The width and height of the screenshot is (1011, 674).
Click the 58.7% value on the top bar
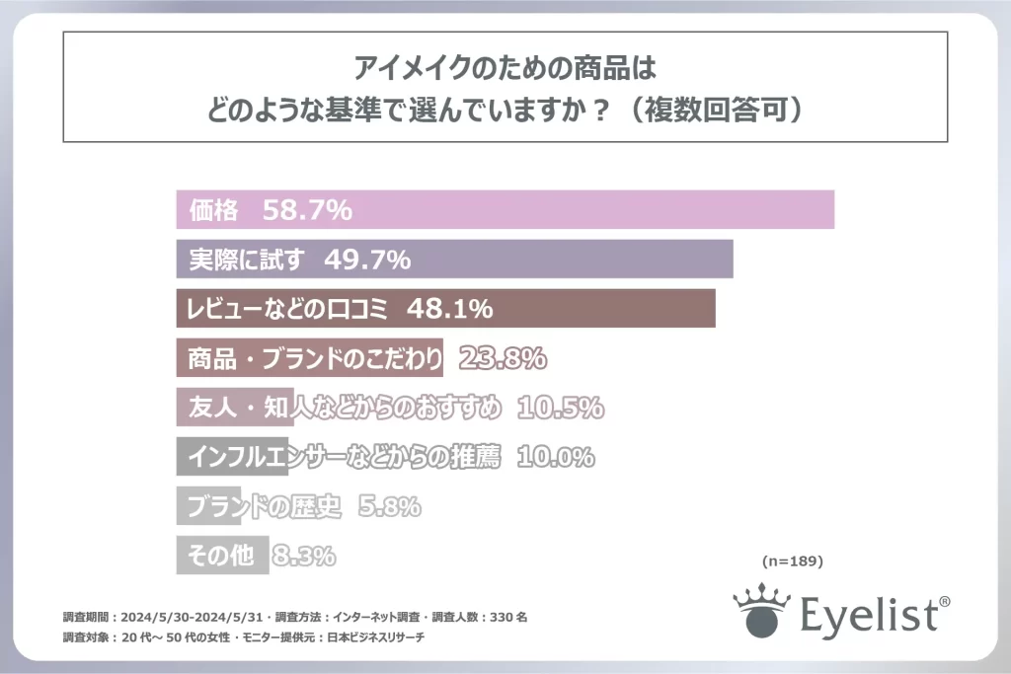pyautogui.click(x=308, y=210)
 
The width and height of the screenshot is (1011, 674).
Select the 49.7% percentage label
pyautogui.click(x=366, y=261)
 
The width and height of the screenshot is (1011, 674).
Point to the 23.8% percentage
pyautogui.click(x=503, y=358)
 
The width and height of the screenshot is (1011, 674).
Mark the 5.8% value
pyautogui.click(x=389, y=507)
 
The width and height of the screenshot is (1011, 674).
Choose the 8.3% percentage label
pyautogui.click(x=303, y=557)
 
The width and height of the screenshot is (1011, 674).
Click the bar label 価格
pyautogui.click(x=213, y=210)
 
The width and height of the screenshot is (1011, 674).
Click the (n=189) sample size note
pyautogui.click(x=793, y=561)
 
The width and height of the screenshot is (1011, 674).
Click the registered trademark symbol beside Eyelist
pyautogui.click(x=945, y=599)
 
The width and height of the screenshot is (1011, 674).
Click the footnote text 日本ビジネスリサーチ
pyautogui.click(x=374, y=638)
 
